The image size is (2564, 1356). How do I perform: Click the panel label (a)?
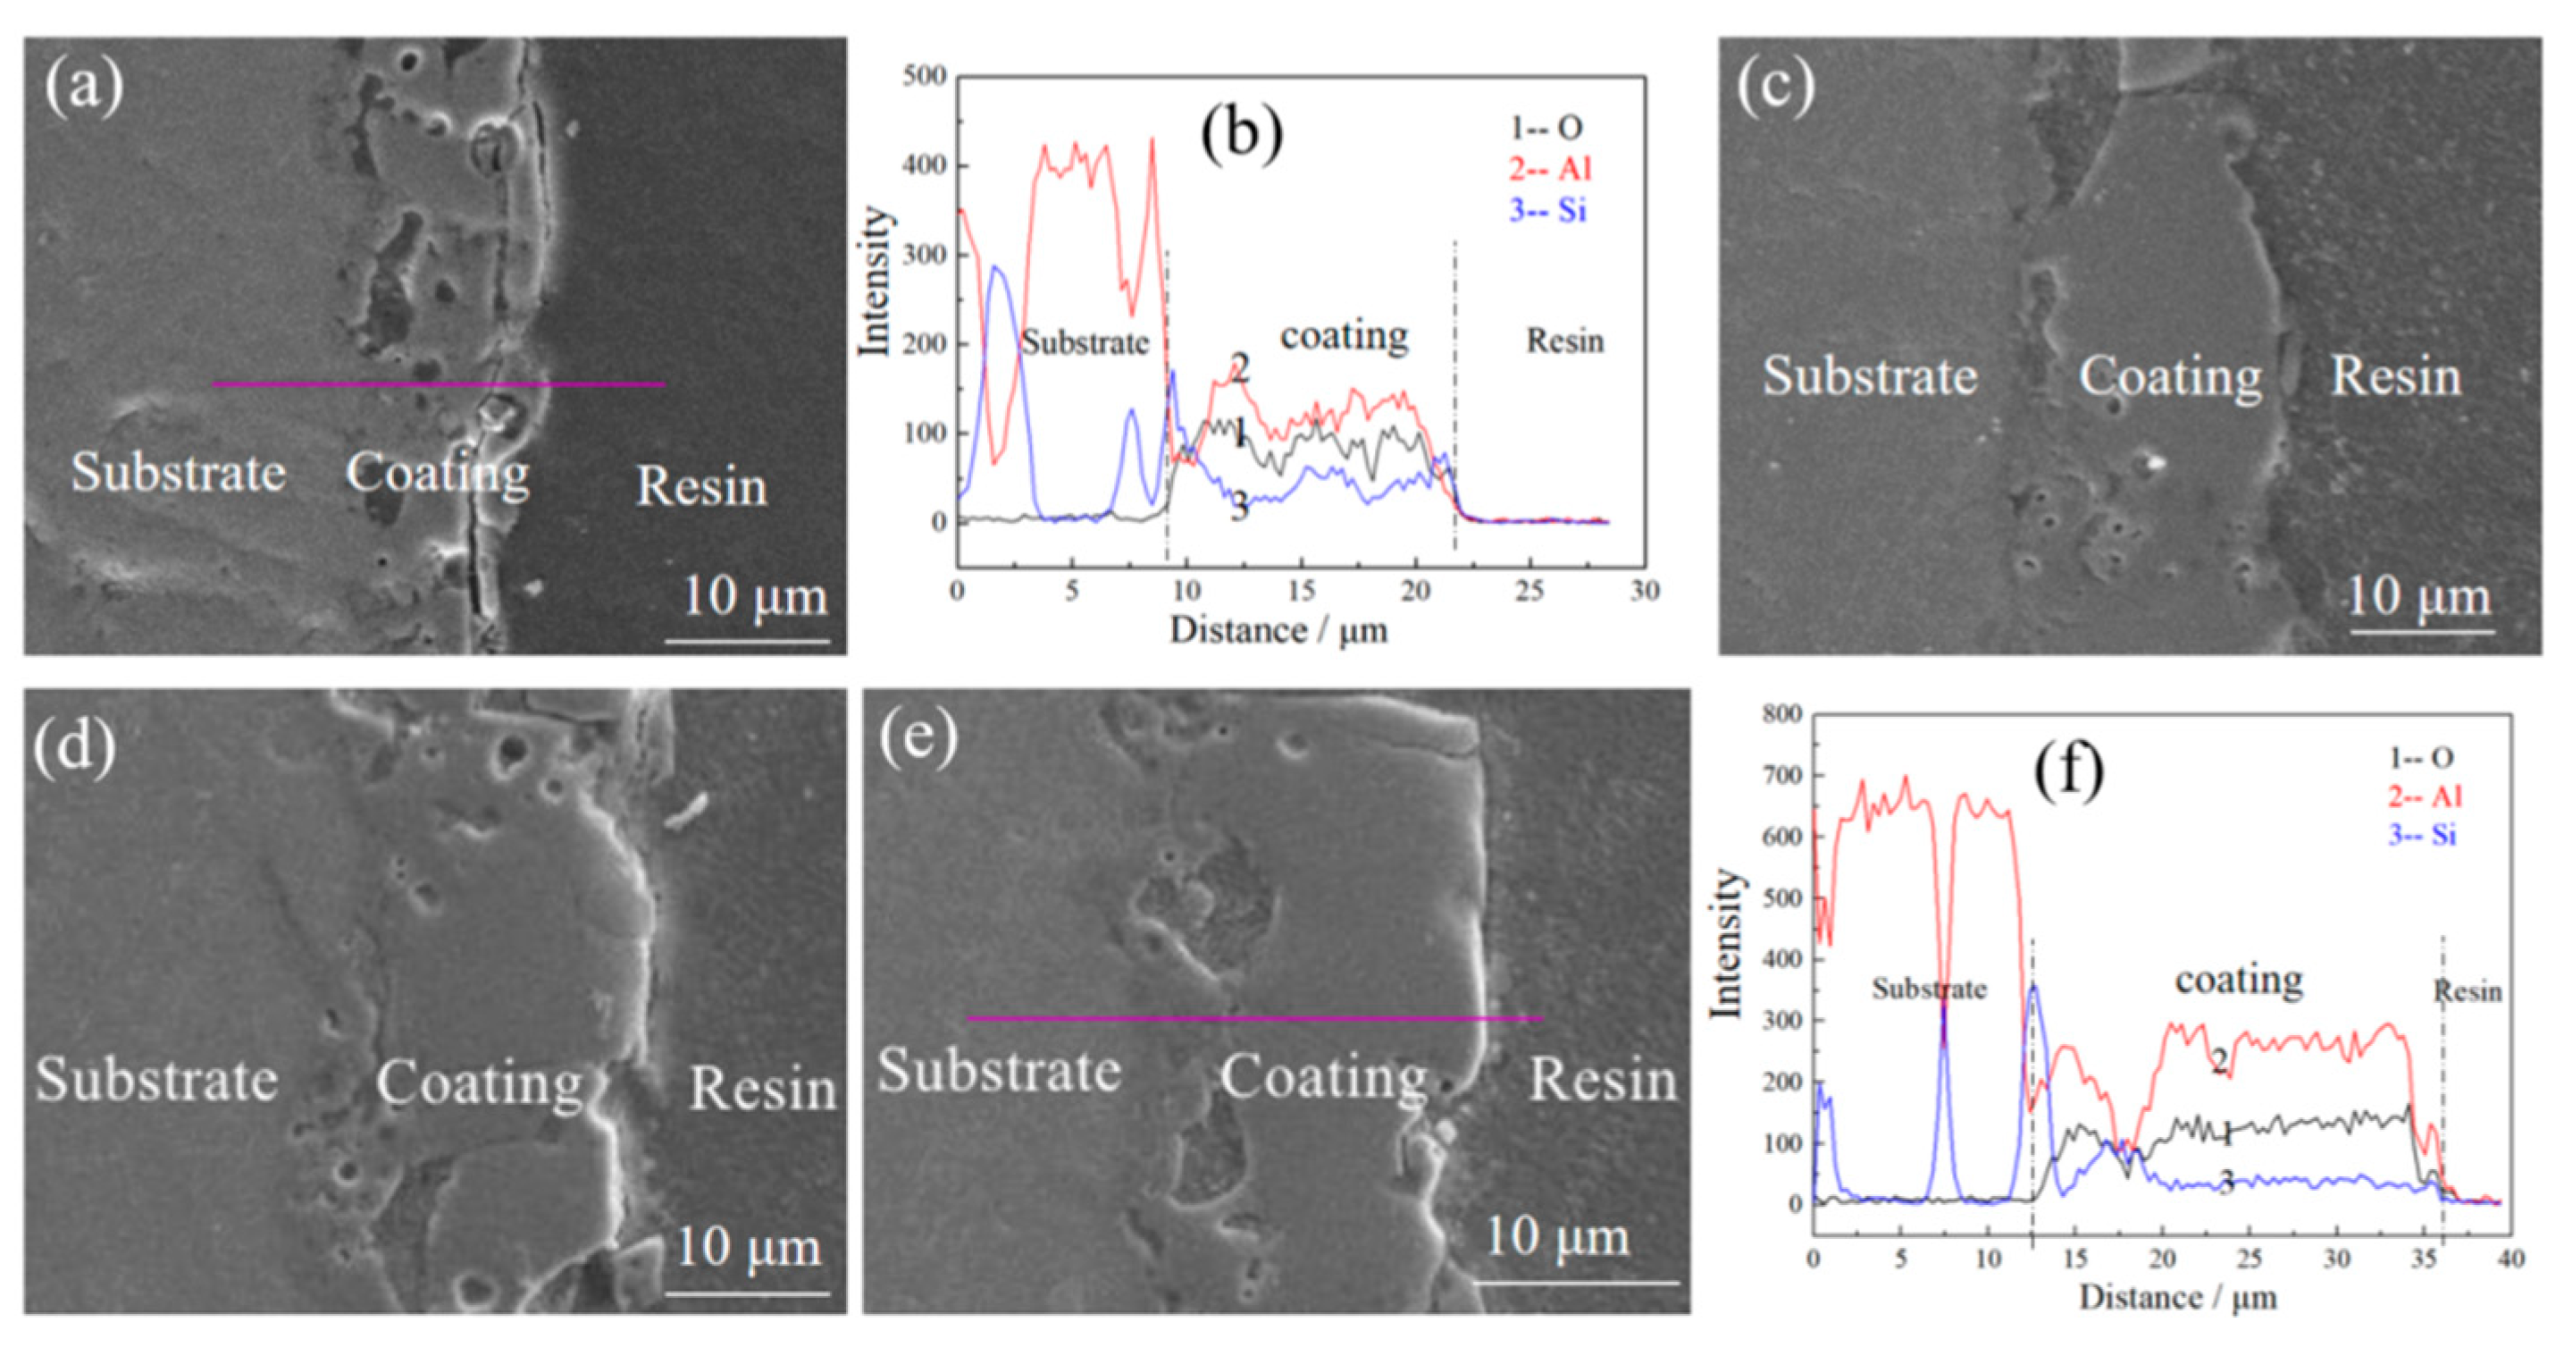pyautogui.click(x=84, y=88)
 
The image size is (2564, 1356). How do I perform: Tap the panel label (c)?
pyautogui.click(x=1776, y=88)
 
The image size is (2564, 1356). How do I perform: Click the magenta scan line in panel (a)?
pyautogui.click(x=438, y=383)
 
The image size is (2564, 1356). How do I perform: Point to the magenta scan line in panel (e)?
pyautogui.click(x=1254, y=1017)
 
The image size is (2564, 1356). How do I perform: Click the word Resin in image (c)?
pyautogui.click(x=2396, y=376)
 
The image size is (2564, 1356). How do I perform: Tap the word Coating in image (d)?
pyautogui.click(x=480, y=1083)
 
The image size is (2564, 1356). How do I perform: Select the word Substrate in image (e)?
pyautogui.click(x=1000, y=1070)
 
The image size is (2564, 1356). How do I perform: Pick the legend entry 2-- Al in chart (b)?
pyautogui.click(x=1550, y=169)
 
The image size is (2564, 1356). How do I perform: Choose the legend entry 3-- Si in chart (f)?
pyautogui.click(x=2422, y=834)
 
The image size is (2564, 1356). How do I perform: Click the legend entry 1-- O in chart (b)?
pyautogui.click(x=1546, y=128)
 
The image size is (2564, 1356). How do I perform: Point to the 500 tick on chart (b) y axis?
pyautogui.click(x=924, y=77)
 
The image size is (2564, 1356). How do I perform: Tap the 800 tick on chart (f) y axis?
pyautogui.click(x=1781, y=714)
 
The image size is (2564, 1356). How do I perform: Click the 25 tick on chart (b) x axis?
pyautogui.click(x=1529, y=592)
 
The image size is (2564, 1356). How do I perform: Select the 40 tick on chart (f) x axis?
pyautogui.click(x=2510, y=1259)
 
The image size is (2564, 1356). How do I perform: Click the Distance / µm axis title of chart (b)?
pyautogui.click(x=1278, y=630)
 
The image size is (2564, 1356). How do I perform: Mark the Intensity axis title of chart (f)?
pyautogui.click(x=1727, y=943)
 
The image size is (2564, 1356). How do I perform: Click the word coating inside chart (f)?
pyautogui.click(x=2239, y=981)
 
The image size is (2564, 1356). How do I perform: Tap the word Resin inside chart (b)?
pyautogui.click(x=1564, y=341)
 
